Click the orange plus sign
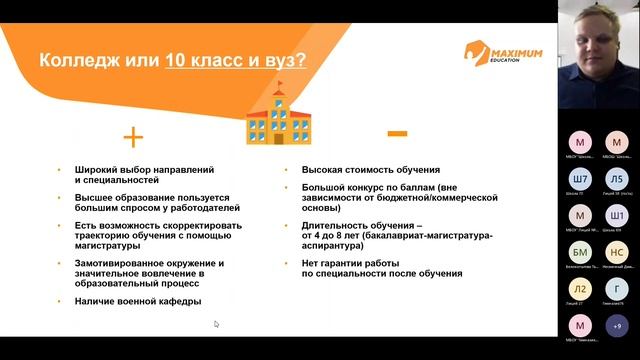pyautogui.click(x=132, y=137)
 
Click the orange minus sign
pyautogui.click(x=396, y=133)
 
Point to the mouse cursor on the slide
pyautogui.click(x=216, y=324)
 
